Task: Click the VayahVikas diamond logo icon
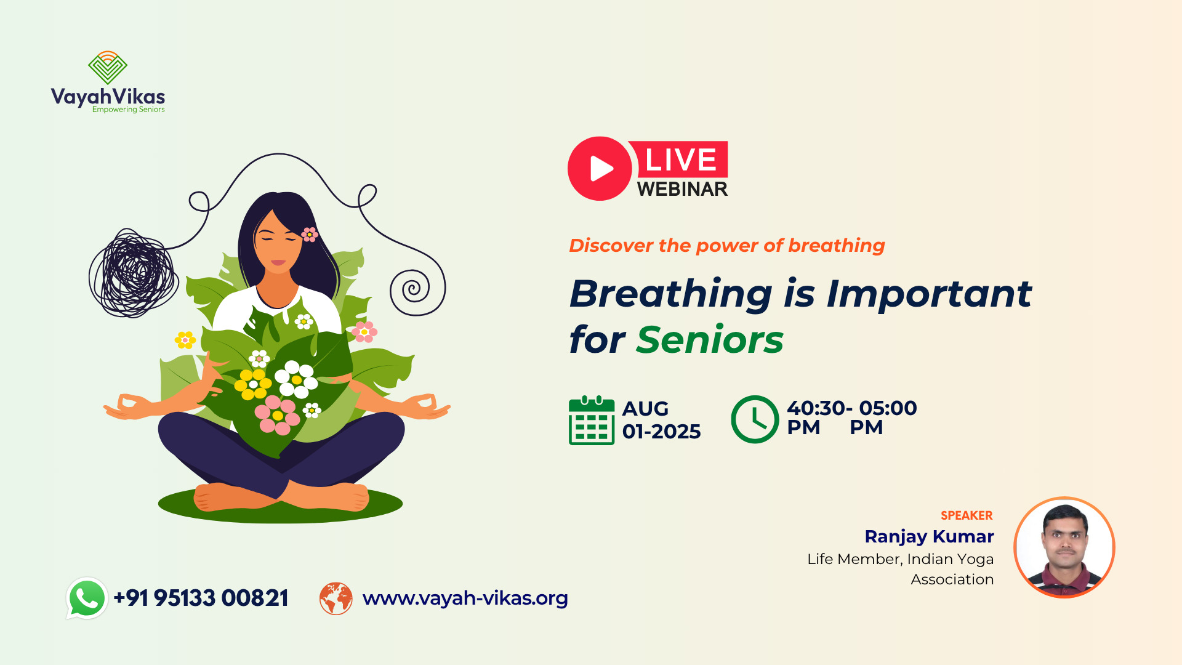(x=108, y=68)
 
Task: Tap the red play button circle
(x=600, y=169)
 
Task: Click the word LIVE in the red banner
(x=681, y=160)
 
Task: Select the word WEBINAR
(x=682, y=189)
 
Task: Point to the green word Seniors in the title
(x=710, y=340)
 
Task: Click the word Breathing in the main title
(x=671, y=294)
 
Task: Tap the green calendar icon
(x=592, y=421)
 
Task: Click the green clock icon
(x=755, y=419)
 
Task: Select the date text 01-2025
(x=662, y=432)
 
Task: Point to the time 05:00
(x=888, y=408)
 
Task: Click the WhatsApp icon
(x=87, y=598)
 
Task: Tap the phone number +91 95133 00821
(x=201, y=598)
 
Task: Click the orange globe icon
(x=336, y=598)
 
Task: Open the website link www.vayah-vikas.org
(x=465, y=598)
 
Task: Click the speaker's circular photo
(x=1064, y=547)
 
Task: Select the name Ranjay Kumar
(x=929, y=536)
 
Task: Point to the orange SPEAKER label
(x=967, y=515)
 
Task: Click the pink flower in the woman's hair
(x=310, y=234)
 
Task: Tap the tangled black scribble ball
(x=134, y=273)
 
